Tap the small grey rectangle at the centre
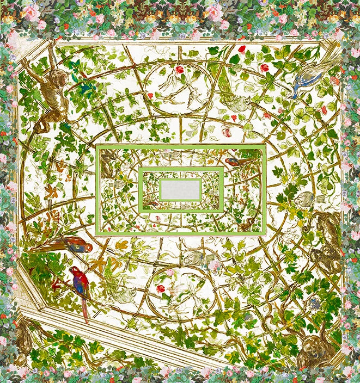click(x=180, y=189)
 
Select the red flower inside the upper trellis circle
click(x=179, y=70)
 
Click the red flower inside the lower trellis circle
click(x=161, y=288)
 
